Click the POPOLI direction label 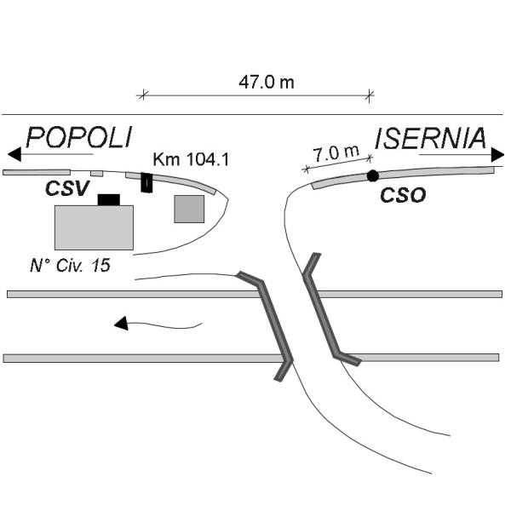pyautogui.click(x=79, y=137)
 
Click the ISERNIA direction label pyautogui.click(x=430, y=139)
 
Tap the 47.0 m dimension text pyautogui.click(x=267, y=82)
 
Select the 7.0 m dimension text pyautogui.click(x=336, y=153)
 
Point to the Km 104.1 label pyautogui.click(x=191, y=160)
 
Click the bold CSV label pyautogui.click(x=67, y=188)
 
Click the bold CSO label pyautogui.click(x=403, y=195)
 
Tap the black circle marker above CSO pyautogui.click(x=373, y=176)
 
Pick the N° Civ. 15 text pyautogui.click(x=70, y=265)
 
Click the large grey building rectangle pyautogui.click(x=94, y=227)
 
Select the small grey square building pyautogui.click(x=189, y=209)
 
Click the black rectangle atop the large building pyautogui.click(x=109, y=200)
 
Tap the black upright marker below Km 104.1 pyautogui.click(x=146, y=183)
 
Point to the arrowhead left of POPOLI pyautogui.click(x=14, y=154)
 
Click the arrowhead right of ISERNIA pyautogui.click(x=497, y=154)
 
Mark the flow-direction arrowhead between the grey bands pyautogui.click(x=121, y=323)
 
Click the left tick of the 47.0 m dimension pyautogui.click(x=142, y=95)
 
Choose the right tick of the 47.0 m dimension pyautogui.click(x=370, y=95)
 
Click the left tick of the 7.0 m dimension pyautogui.click(x=306, y=169)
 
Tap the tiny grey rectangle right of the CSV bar pyautogui.click(x=97, y=174)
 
